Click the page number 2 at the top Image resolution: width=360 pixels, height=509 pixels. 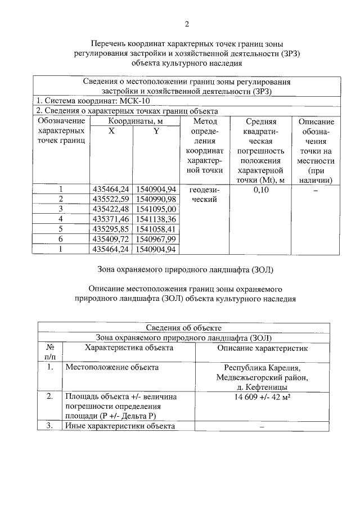186,24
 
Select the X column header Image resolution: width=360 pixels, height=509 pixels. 111,130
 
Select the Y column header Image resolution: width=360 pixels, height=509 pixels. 156,130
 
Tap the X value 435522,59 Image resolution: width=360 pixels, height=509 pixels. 111,199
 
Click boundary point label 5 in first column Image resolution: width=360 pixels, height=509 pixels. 61,229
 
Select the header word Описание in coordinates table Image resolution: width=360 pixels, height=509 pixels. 316,121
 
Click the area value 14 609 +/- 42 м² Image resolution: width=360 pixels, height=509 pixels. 263,397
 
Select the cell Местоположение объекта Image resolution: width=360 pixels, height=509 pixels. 112,367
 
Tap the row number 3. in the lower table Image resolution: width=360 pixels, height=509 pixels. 50,426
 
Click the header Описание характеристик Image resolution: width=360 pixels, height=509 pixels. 263,348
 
